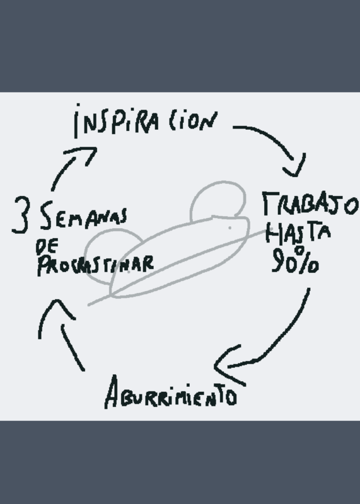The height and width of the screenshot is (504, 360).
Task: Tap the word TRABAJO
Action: click(x=310, y=204)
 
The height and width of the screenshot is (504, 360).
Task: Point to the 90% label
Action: click(x=295, y=260)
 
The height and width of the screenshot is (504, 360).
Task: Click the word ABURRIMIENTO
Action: click(x=171, y=392)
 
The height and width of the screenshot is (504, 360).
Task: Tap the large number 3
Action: click(x=21, y=214)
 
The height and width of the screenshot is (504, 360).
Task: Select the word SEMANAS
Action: click(x=84, y=215)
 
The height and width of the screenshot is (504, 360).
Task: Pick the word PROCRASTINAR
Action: click(x=96, y=265)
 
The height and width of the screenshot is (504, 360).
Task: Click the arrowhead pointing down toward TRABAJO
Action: click(x=294, y=167)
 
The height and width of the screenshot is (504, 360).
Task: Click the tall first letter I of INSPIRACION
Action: click(x=76, y=121)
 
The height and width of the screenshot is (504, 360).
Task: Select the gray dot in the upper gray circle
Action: click(x=229, y=228)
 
